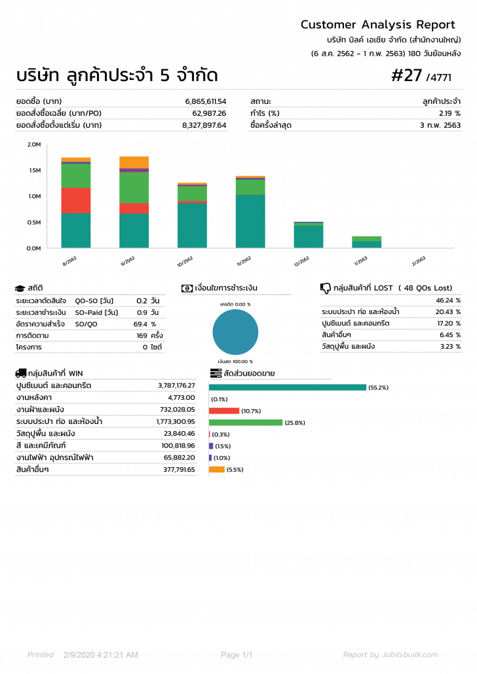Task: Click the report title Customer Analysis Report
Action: pyautogui.click(x=377, y=25)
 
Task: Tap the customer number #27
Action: pyautogui.click(x=406, y=76)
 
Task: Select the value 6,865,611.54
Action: pyautogui.click(x=205, y=101)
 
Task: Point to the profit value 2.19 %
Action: pyautogui.click(x=449, y=113)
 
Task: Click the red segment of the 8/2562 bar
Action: pyautogui.click(x=76, y=200)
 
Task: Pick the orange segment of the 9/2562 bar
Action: pyautogui.click(x=134, y=162)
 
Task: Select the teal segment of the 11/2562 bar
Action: pyautogui.click(x=250, y=221)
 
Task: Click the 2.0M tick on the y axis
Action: pyautogui.click(x=34, y=144)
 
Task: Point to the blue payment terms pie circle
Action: pyautogui.click(x=235, y=332)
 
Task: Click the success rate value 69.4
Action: pyautogui.click(x=140, y=324)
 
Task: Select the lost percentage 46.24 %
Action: pyautogui.click(x=448, y=300)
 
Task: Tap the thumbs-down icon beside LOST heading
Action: pyautogui.click(x=325, y=288)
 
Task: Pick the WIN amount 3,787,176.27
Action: pyautogui.click(x=176, y=386)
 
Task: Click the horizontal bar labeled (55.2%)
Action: pyautogui.click(x=287, y=387)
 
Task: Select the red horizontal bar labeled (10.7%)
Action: pyautogui.click(x=224, y=411)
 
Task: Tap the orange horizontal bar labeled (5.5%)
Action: pyautogui.click(x=217, y=469)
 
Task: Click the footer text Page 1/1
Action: pyautogui.click(x=237, y=655)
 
